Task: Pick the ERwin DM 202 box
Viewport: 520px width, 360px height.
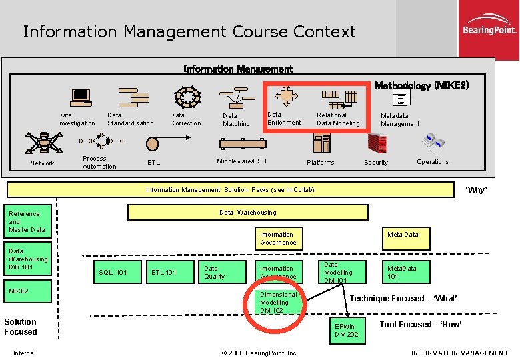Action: click(347, 330)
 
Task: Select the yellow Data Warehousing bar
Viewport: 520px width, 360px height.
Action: click(247, 213)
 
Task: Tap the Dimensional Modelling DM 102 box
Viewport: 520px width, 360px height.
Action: click(279, 302)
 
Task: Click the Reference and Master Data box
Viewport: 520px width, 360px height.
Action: click(27, 222)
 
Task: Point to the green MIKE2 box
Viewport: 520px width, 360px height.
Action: click(27, 291)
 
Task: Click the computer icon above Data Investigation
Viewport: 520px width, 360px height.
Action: click(81, 98)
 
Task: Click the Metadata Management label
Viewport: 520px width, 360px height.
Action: click(400, 119)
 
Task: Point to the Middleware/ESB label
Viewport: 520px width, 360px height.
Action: click(241, 161)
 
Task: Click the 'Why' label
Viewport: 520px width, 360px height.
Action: click(476, 190)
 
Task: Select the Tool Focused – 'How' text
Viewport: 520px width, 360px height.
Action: click(420, 325)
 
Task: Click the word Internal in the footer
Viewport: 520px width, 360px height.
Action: click(24, 353)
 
